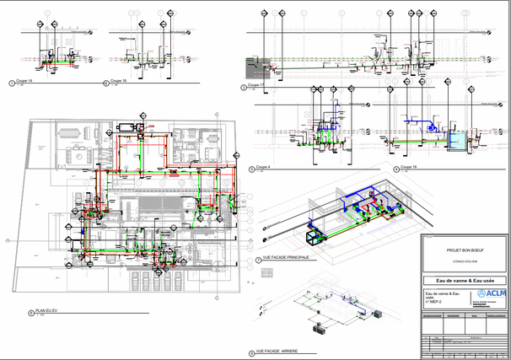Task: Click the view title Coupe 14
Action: (x=24, y=82)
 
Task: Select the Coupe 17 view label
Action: (x=255, y=85)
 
